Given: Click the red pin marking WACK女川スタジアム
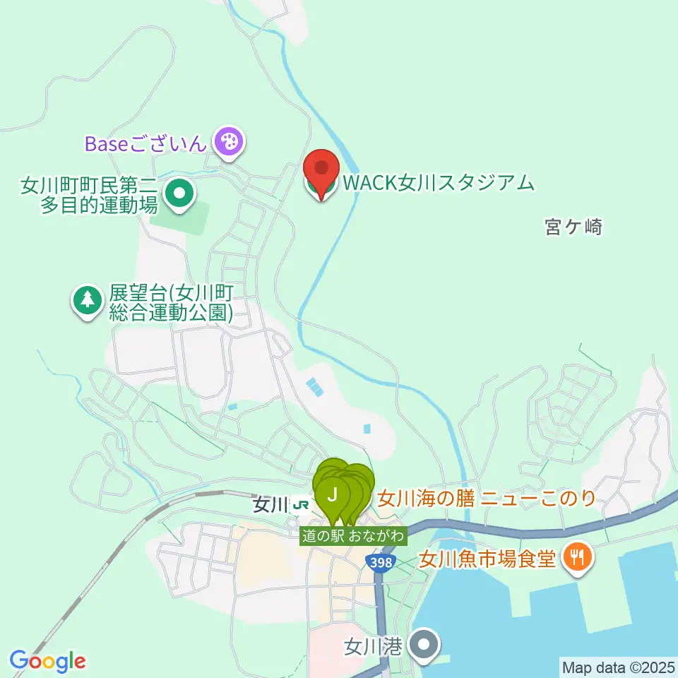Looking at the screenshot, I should [321, 169].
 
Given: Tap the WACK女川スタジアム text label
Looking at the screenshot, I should [437, 184].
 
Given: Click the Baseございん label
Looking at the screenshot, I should [145, 143].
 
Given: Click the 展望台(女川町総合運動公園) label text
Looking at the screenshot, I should [172, 302].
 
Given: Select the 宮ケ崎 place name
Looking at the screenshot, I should [573, 227].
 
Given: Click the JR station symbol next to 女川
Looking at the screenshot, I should [302, 505].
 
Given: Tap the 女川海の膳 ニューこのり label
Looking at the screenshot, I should [487, 499].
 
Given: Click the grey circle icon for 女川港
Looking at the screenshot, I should [424, 646].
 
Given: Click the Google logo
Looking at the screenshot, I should [47, 661].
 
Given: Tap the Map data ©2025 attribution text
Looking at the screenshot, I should [617, 667].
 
